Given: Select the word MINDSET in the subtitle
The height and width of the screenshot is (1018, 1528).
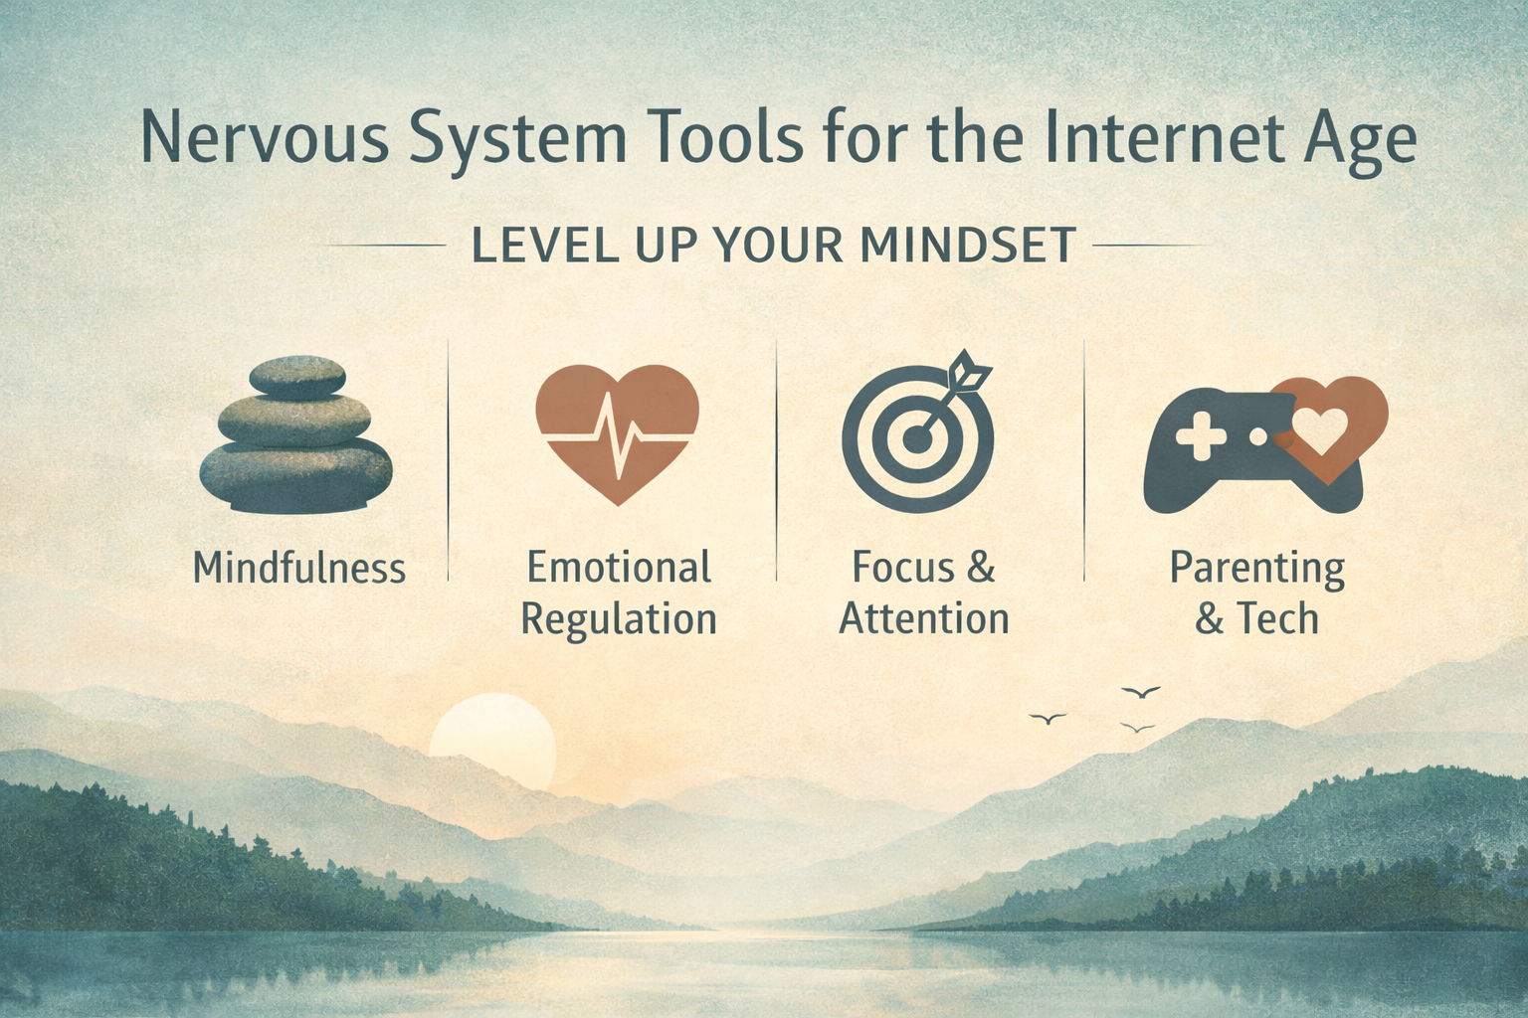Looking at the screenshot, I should tap(968, 245).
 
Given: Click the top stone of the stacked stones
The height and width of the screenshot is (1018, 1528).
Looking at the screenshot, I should tap(296, 377).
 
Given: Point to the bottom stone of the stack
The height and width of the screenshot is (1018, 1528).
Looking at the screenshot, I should tap(296, 476).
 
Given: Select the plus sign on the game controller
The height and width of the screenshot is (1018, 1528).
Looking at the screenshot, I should tap(1201, 436).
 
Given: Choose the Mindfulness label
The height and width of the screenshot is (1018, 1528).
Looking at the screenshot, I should tap(298, 569).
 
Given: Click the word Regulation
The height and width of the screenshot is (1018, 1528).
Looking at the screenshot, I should tap(618, 619).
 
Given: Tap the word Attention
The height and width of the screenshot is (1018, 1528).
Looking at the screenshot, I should tap(924, 619).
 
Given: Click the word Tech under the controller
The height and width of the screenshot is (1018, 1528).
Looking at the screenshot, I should tap(1277, 619).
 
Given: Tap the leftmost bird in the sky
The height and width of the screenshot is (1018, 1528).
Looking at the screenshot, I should tap(1048, 718).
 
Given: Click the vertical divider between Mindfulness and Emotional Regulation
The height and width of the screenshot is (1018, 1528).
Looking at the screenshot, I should tap(449, 457).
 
